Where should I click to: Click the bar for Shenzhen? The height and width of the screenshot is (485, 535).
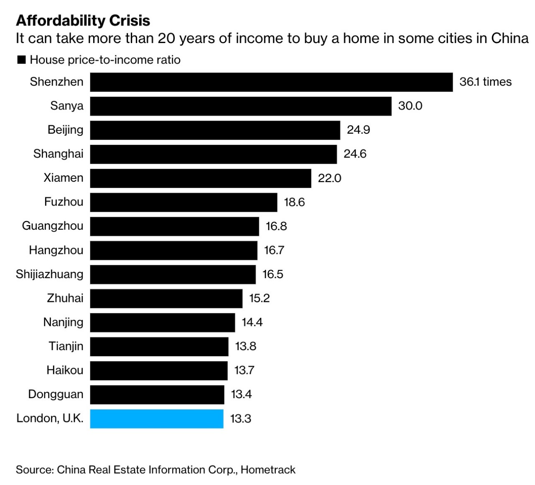[x=271, y=82]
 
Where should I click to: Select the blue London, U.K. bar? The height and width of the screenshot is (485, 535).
[x=157, y=419]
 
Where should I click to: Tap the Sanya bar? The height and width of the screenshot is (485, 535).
[x=241, y=106]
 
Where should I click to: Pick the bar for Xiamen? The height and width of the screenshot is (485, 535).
[x=201, y=178]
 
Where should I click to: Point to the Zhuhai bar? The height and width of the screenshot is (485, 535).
[x=166, y=298]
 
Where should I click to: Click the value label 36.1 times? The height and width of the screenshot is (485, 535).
[x=485, y=82]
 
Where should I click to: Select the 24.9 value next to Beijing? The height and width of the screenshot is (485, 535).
[x=358, y=130]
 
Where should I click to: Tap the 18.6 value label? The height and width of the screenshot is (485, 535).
[x=294, y=202]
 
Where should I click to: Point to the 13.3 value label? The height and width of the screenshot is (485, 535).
[x=241, y=419]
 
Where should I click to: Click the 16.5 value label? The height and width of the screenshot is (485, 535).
[x=273, y=274]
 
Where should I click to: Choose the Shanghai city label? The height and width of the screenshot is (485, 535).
[x=58, y=154]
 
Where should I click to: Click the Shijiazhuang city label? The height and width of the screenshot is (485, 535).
[x=49, y=274]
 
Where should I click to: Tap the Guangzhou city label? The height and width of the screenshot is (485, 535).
[x=53, y=226]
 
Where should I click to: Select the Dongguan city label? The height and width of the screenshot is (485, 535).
[x=56, y=394]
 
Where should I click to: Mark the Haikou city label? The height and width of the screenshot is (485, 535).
[x=65, y=370]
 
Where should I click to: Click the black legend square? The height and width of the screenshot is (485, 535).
[x=21, y=60]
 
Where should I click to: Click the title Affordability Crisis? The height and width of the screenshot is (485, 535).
[x=83, y=20]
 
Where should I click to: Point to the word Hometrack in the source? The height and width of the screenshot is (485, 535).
[x=268, y=470]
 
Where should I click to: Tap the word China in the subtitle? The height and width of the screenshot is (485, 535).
[x=510, y=38]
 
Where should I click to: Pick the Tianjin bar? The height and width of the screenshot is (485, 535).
[x=159, y=347]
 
